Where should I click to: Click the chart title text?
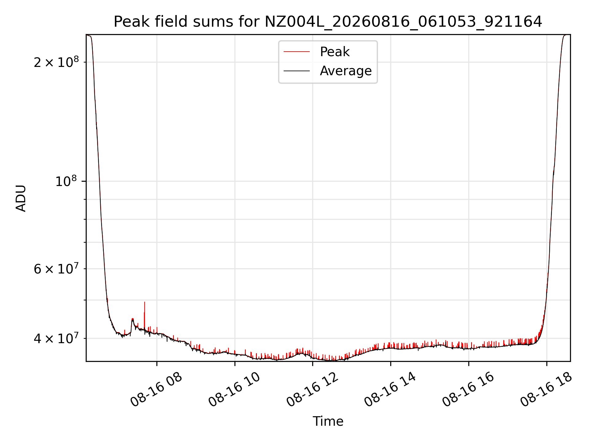click(328, 22)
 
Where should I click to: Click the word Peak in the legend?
click(335, 52)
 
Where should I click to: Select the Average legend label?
click(346, 71)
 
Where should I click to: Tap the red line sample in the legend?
click(297, 52)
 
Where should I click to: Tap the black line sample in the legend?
click(297, 71)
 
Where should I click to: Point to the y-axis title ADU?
click(21, 198)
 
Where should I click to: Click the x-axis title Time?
click(328, 421)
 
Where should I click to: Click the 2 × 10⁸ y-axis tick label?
click(56, 62)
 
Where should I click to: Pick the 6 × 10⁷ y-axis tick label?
click(56, 269)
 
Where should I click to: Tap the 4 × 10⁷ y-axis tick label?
click(56, 338)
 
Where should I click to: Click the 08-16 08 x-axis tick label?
click(156, 389)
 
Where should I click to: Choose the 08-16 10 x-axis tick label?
click(234, 389)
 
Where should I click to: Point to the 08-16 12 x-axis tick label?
click(312, 389)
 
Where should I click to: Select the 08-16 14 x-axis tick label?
click(390, 389)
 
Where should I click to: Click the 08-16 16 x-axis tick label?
click(468, 389)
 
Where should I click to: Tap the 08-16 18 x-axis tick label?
click(546, 389)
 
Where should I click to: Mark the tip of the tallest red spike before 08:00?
click(144, 302)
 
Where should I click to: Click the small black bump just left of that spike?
click(133, 320)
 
